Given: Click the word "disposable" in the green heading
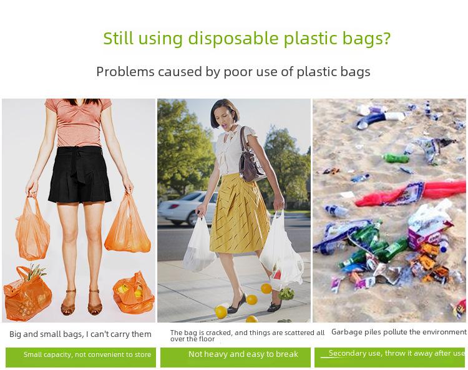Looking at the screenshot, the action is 233,39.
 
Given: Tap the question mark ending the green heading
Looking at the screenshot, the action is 386,38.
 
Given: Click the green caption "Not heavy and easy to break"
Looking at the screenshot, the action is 243,354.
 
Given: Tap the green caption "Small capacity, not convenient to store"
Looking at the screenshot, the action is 87,354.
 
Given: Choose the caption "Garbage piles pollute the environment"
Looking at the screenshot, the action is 399,332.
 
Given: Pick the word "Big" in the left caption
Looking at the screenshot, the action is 16,334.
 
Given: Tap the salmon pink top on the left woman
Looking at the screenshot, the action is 79,122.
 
